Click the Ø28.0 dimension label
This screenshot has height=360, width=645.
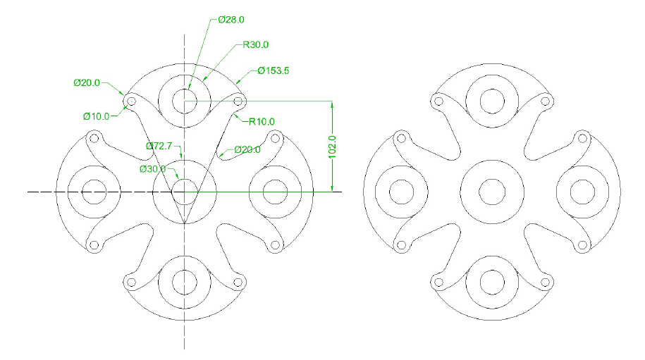pos(232,20)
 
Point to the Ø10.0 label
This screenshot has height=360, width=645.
pos(96,116)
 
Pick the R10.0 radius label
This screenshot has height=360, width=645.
pos(262,122)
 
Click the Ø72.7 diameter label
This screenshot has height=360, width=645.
pos(160,146)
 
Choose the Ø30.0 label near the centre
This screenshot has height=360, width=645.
pos(152,169)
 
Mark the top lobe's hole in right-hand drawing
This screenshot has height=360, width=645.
pos(491,101)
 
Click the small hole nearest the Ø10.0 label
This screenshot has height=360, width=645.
pos(130,101)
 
